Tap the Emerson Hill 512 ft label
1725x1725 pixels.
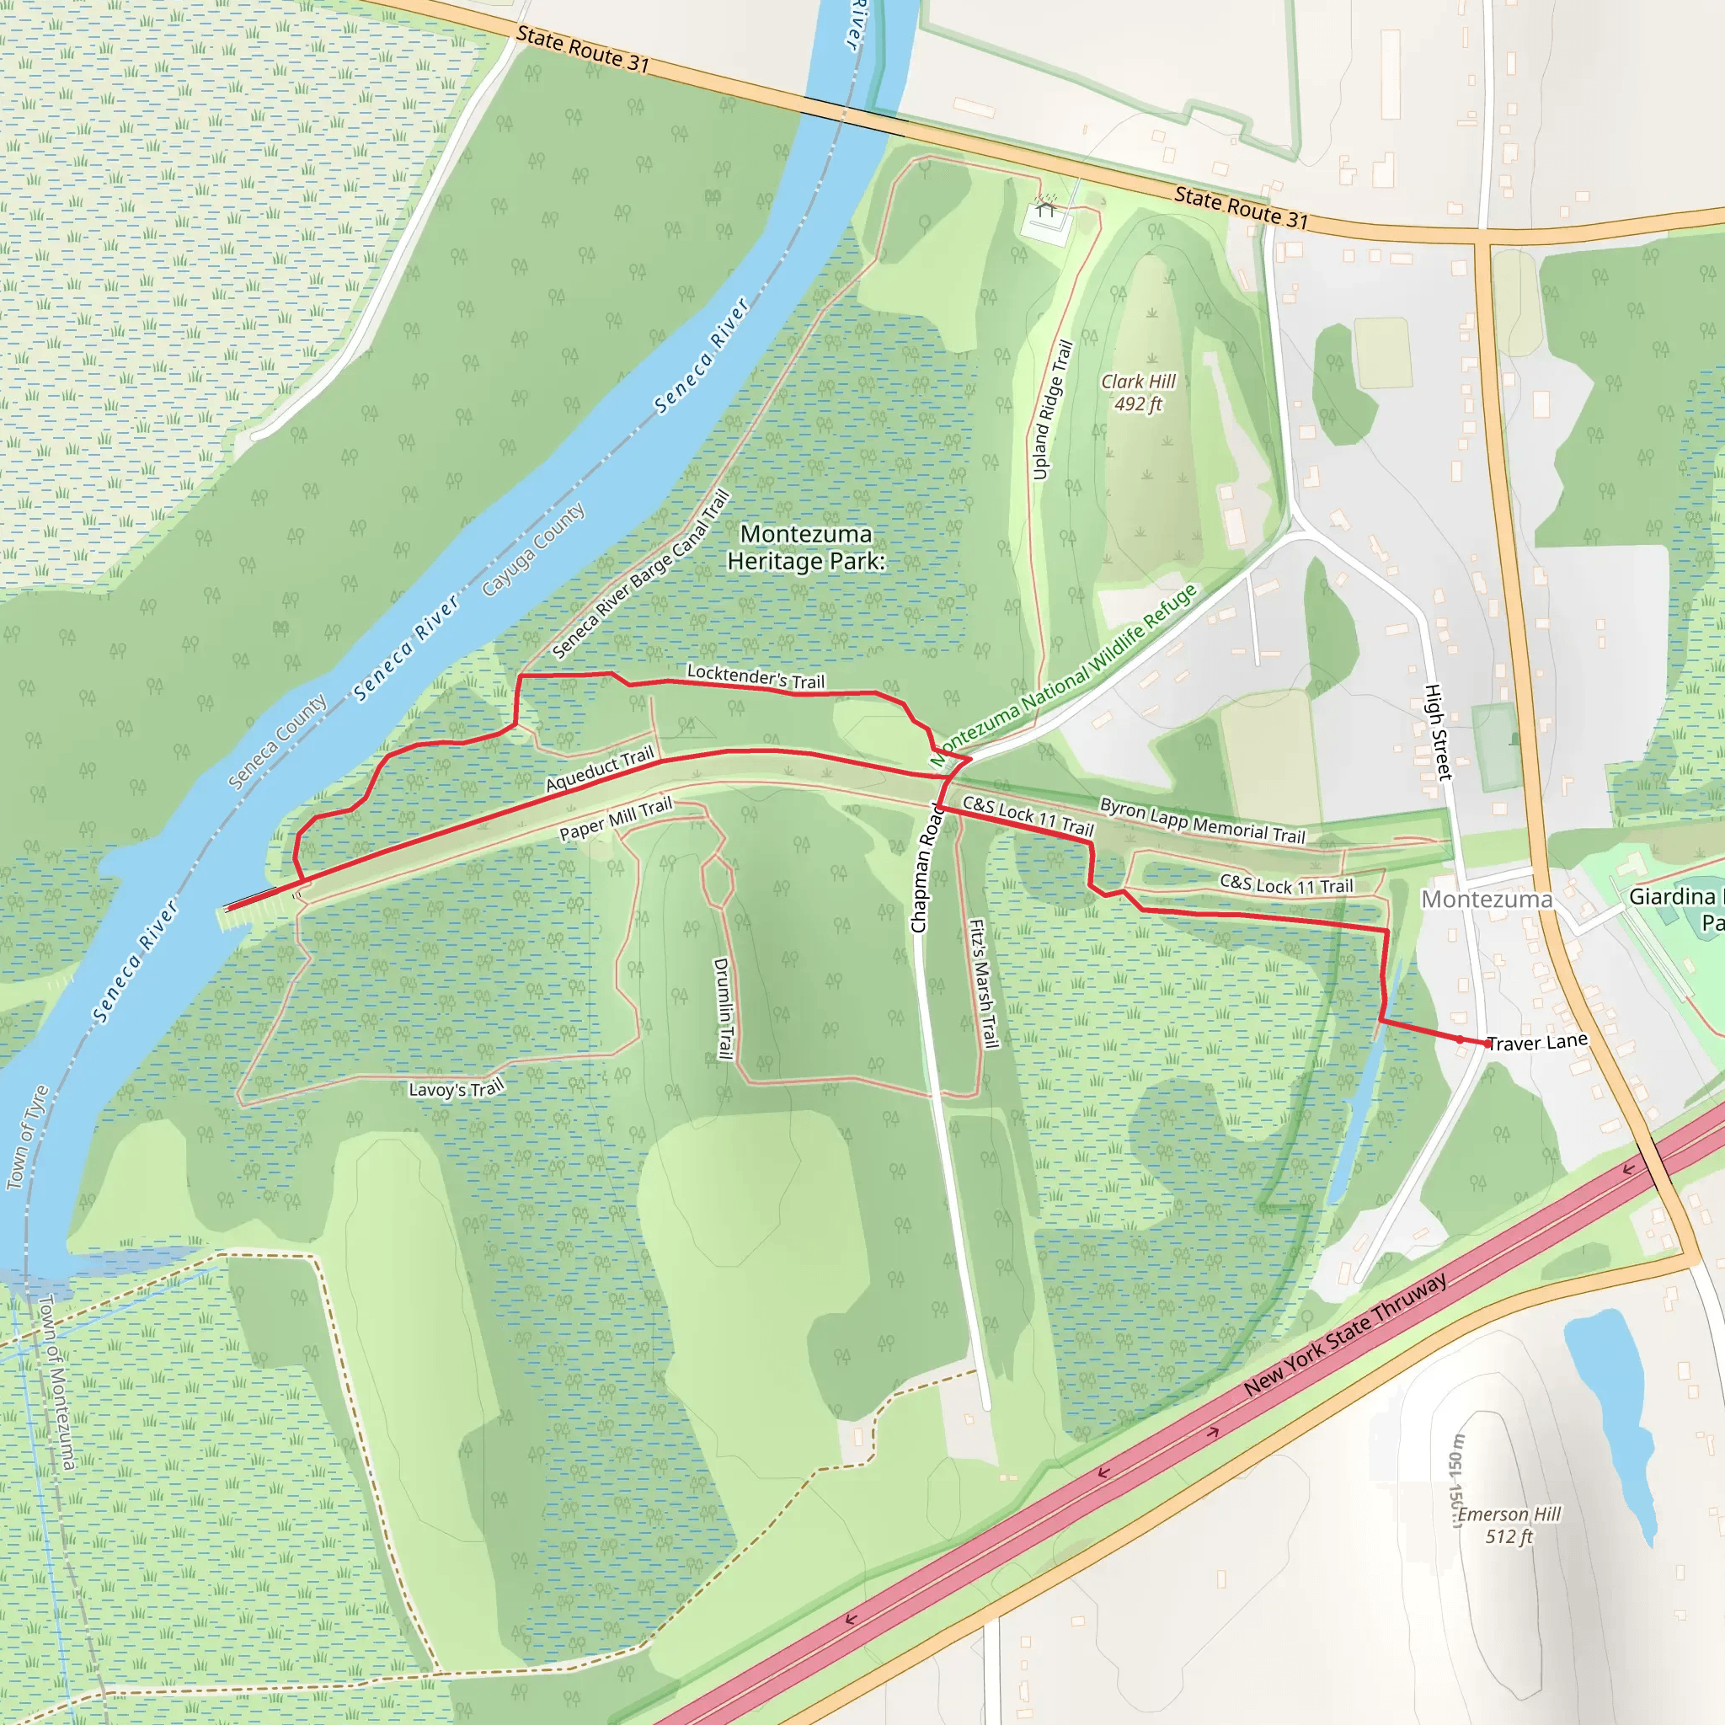1509,1525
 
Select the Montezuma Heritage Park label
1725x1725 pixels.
805,547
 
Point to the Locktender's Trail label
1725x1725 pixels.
756,677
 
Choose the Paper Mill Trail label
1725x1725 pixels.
615,820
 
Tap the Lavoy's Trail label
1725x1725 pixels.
457,1088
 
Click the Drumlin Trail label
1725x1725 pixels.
724,1008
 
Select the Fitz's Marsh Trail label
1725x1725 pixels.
983,983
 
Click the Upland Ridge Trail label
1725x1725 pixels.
1052,410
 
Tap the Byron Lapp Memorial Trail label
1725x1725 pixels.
1202,820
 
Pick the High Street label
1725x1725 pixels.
1437,732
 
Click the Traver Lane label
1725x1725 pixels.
1537,1042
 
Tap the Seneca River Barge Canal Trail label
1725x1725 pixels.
641,574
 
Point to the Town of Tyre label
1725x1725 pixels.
27,1137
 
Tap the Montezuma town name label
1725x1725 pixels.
1487,899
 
